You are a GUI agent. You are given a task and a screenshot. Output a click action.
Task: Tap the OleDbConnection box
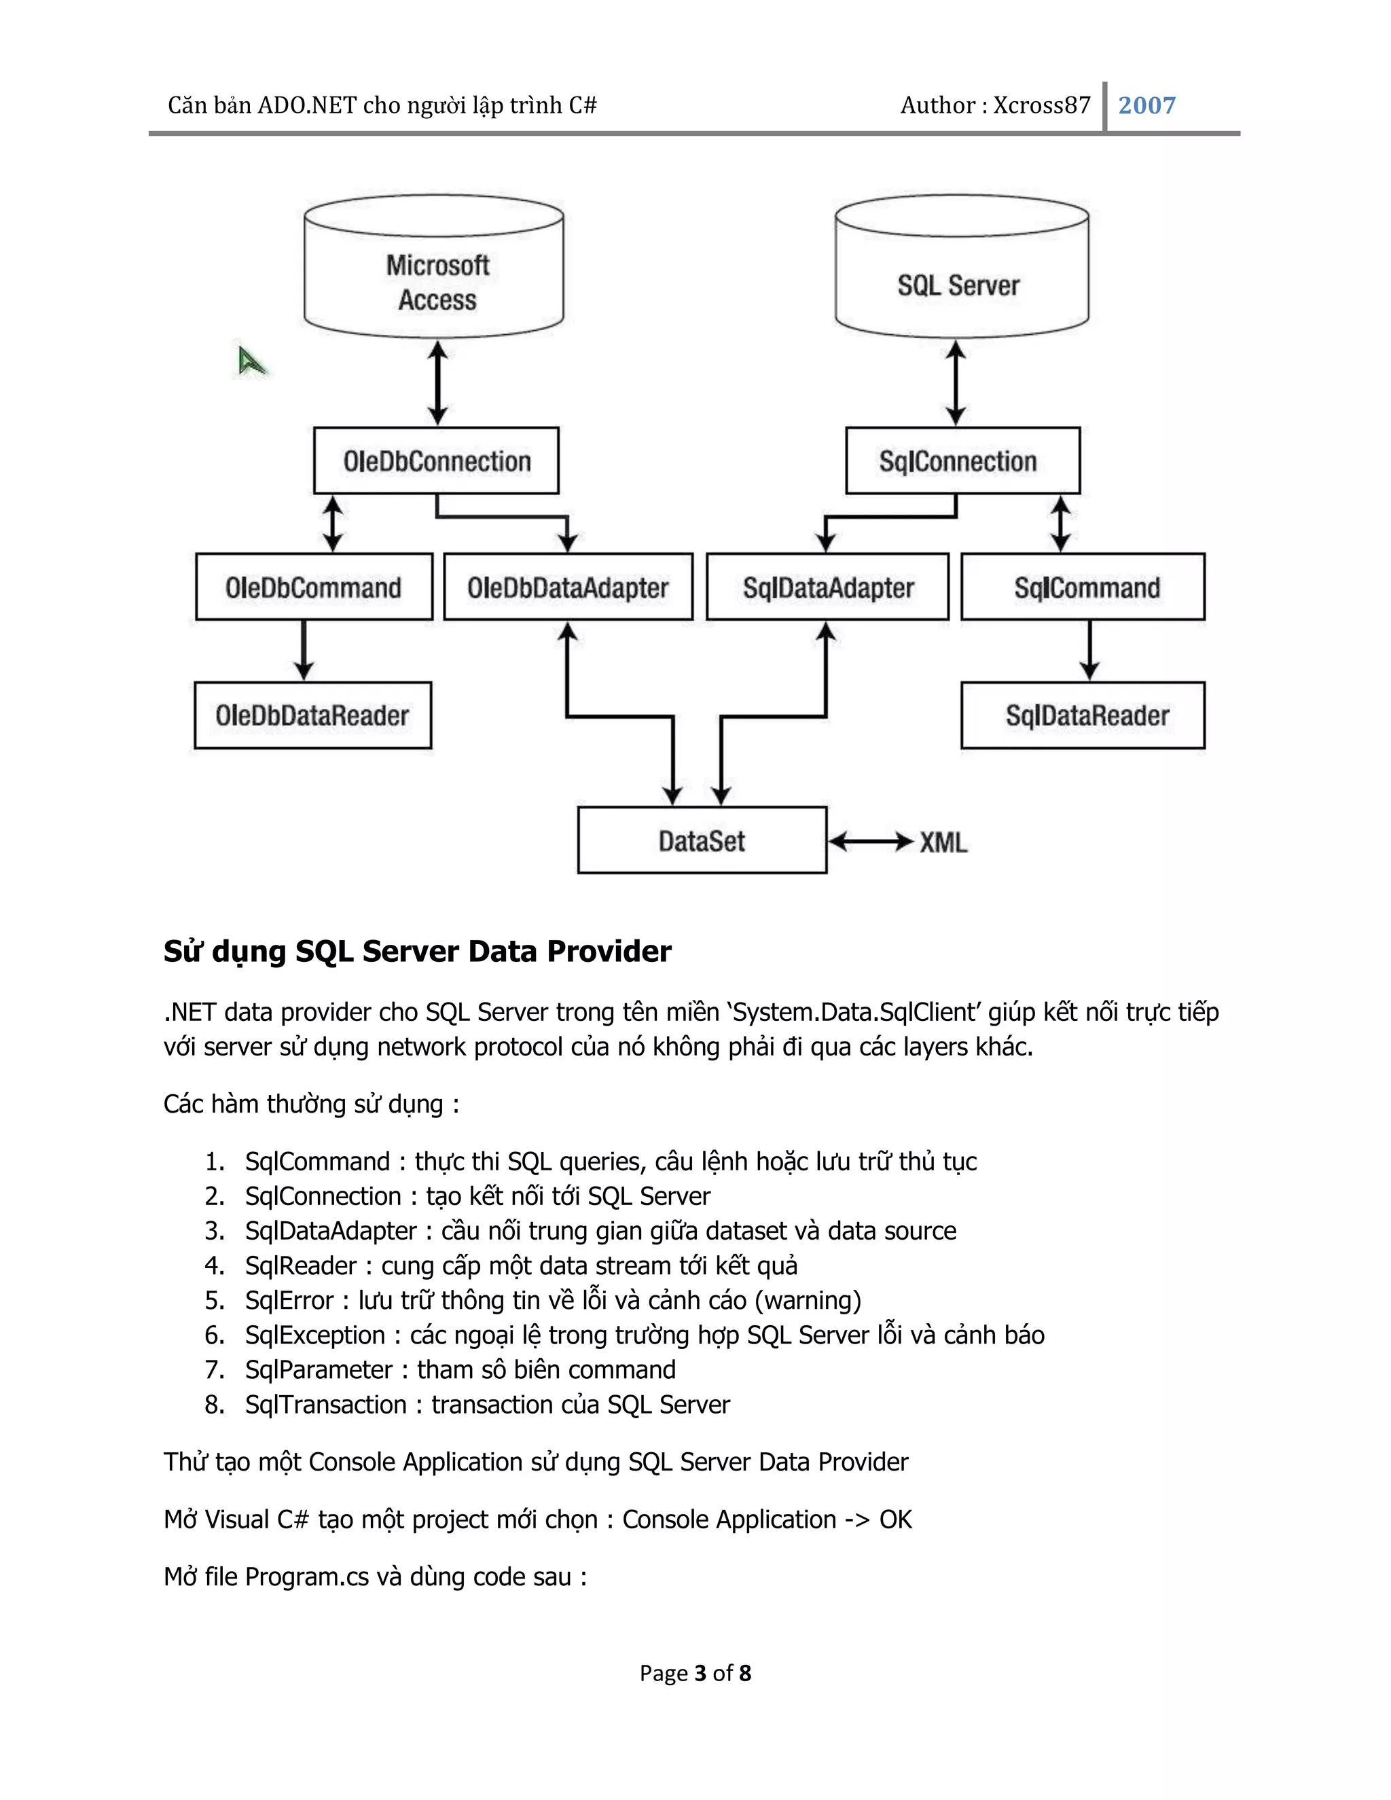pos(436,461)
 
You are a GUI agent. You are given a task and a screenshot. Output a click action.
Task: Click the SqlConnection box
pos(962,461)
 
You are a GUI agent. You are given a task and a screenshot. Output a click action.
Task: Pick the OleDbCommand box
pos(313,587)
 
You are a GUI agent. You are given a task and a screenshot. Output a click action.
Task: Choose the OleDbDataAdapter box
pos(568,587)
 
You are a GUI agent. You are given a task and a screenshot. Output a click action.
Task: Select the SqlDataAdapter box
pos(827,587)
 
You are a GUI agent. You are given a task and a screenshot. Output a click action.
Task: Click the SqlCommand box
pos(1083,587)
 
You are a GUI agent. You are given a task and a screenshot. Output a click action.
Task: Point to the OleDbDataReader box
pos(312,715)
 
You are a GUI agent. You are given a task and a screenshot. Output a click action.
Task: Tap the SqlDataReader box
pos(1083,715)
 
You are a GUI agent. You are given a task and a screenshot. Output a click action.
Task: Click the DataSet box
pos(701,841)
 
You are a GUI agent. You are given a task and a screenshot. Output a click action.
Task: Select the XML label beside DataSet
pos(943,842)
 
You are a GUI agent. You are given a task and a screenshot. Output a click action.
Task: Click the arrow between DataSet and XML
pos(871,842)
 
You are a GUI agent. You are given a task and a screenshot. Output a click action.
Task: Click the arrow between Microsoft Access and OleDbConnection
pos(437,383)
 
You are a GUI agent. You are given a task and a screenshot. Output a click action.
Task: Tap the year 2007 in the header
pos(1146,105)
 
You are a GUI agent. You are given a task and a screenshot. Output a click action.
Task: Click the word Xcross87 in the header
pos(1042,105)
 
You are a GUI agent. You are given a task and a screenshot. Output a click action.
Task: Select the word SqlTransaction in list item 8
pos(325,1405)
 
